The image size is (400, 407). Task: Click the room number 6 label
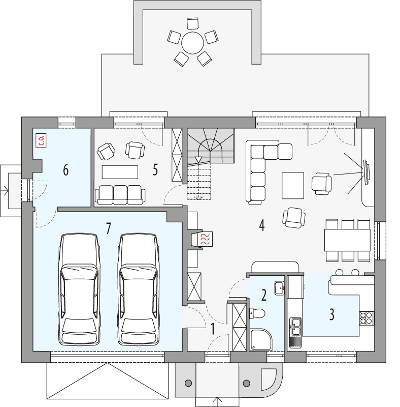coord(65,170)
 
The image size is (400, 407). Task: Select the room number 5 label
coord(155,170)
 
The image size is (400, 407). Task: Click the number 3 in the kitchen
coord(331,314)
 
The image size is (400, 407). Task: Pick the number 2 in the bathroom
coord(263,295)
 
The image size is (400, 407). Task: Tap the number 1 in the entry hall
coord(213,329)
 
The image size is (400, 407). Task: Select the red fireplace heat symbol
coord(206,240)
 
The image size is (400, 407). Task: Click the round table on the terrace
coord(192,43)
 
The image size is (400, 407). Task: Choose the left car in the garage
coord(79,289)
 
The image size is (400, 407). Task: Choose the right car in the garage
coord(137,289)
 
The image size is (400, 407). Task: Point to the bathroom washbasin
coord(279,288)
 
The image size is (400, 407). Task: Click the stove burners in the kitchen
coord(366,317)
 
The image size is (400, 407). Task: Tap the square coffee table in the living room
coord(293,185)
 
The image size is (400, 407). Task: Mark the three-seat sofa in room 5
coord(120,194)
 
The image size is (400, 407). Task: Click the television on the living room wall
coord(366,171)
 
